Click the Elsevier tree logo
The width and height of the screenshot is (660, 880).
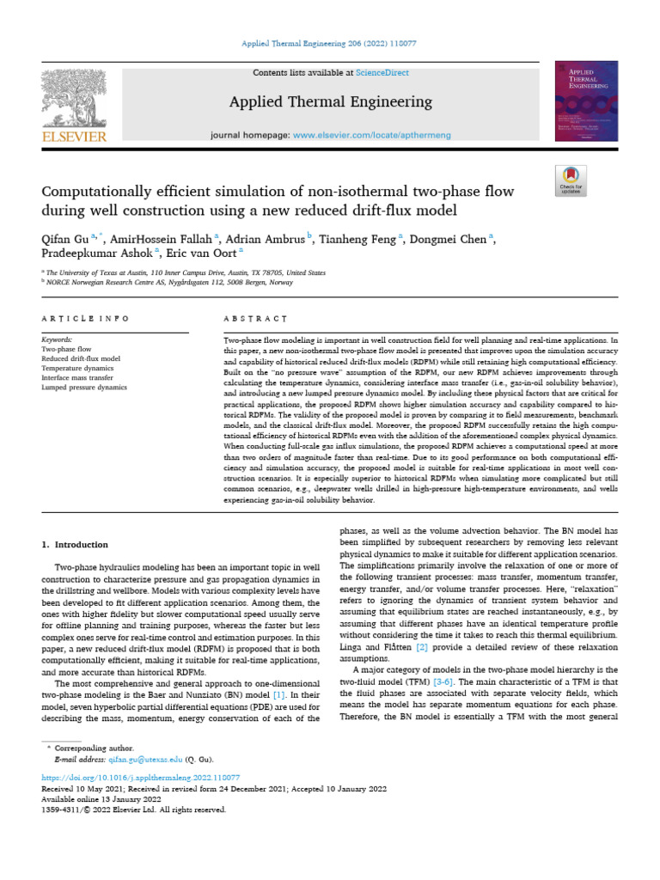point(74,100)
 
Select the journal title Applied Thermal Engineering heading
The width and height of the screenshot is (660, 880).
point(330,102)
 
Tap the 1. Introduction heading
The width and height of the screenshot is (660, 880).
point(76,544)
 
